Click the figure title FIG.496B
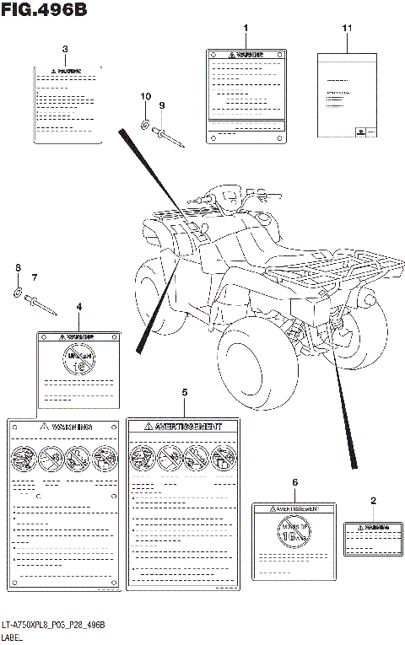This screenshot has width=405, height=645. tap(44, 9)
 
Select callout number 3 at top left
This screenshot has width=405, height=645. tap(65, 49)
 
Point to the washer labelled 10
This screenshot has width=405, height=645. tap(145, 123)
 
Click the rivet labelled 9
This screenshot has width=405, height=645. tap(168, 132)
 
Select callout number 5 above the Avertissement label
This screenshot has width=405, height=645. tap(185, 393)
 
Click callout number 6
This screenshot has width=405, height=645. tap(294, 481)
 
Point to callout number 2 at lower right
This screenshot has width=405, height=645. tap(373, 500)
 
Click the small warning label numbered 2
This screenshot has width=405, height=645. tap(371, 536)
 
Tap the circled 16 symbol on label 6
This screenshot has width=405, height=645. tap(294, 532)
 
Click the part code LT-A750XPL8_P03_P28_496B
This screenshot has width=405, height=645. tap(53, 623)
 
